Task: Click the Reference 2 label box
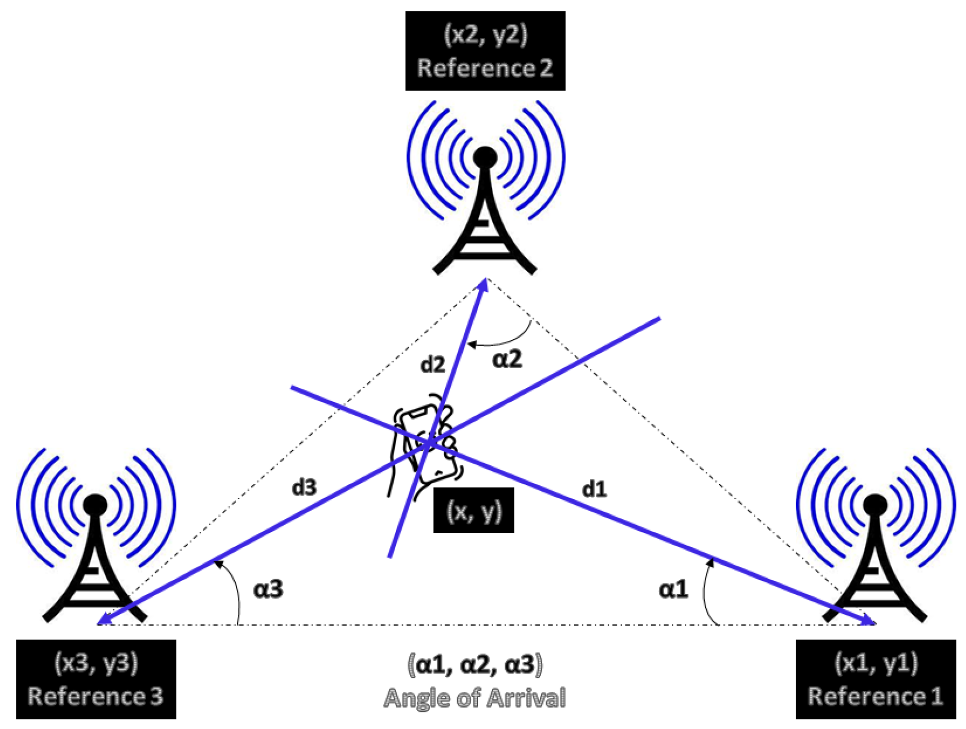coord(485,51)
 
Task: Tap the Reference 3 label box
coord(96,679)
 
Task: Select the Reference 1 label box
coord(875,679)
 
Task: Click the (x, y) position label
coord(473,510)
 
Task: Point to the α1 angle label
coord(673,590)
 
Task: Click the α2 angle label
coord(507,359)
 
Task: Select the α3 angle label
coord(268,590)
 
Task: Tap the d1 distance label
coord(594,489)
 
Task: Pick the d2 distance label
coord(433,365)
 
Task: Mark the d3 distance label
coord(304,487)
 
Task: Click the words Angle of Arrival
coord(474,699)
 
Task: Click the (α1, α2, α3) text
coord(474,665)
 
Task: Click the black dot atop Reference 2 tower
coord(485,158)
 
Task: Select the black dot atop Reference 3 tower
coord(95,504)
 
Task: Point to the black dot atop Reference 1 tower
coord(875,504)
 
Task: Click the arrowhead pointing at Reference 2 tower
coord(484,284)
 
